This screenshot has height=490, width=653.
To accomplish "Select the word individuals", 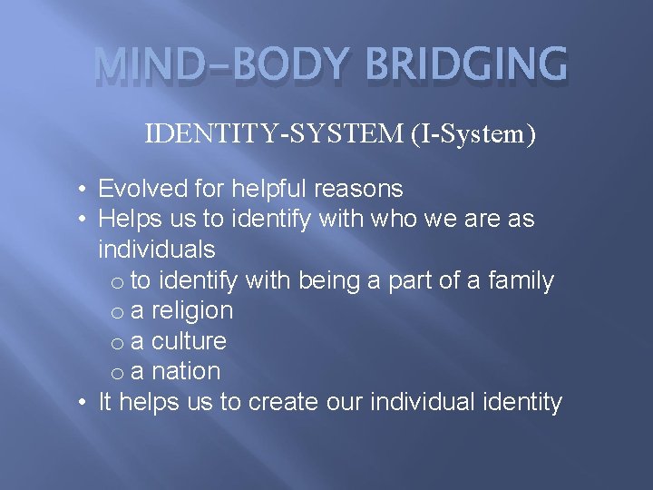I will (156, 249).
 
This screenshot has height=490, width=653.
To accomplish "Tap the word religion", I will (191, 310).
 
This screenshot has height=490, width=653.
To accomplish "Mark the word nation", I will (185, 371).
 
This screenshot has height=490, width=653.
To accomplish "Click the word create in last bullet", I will (286, 402).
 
